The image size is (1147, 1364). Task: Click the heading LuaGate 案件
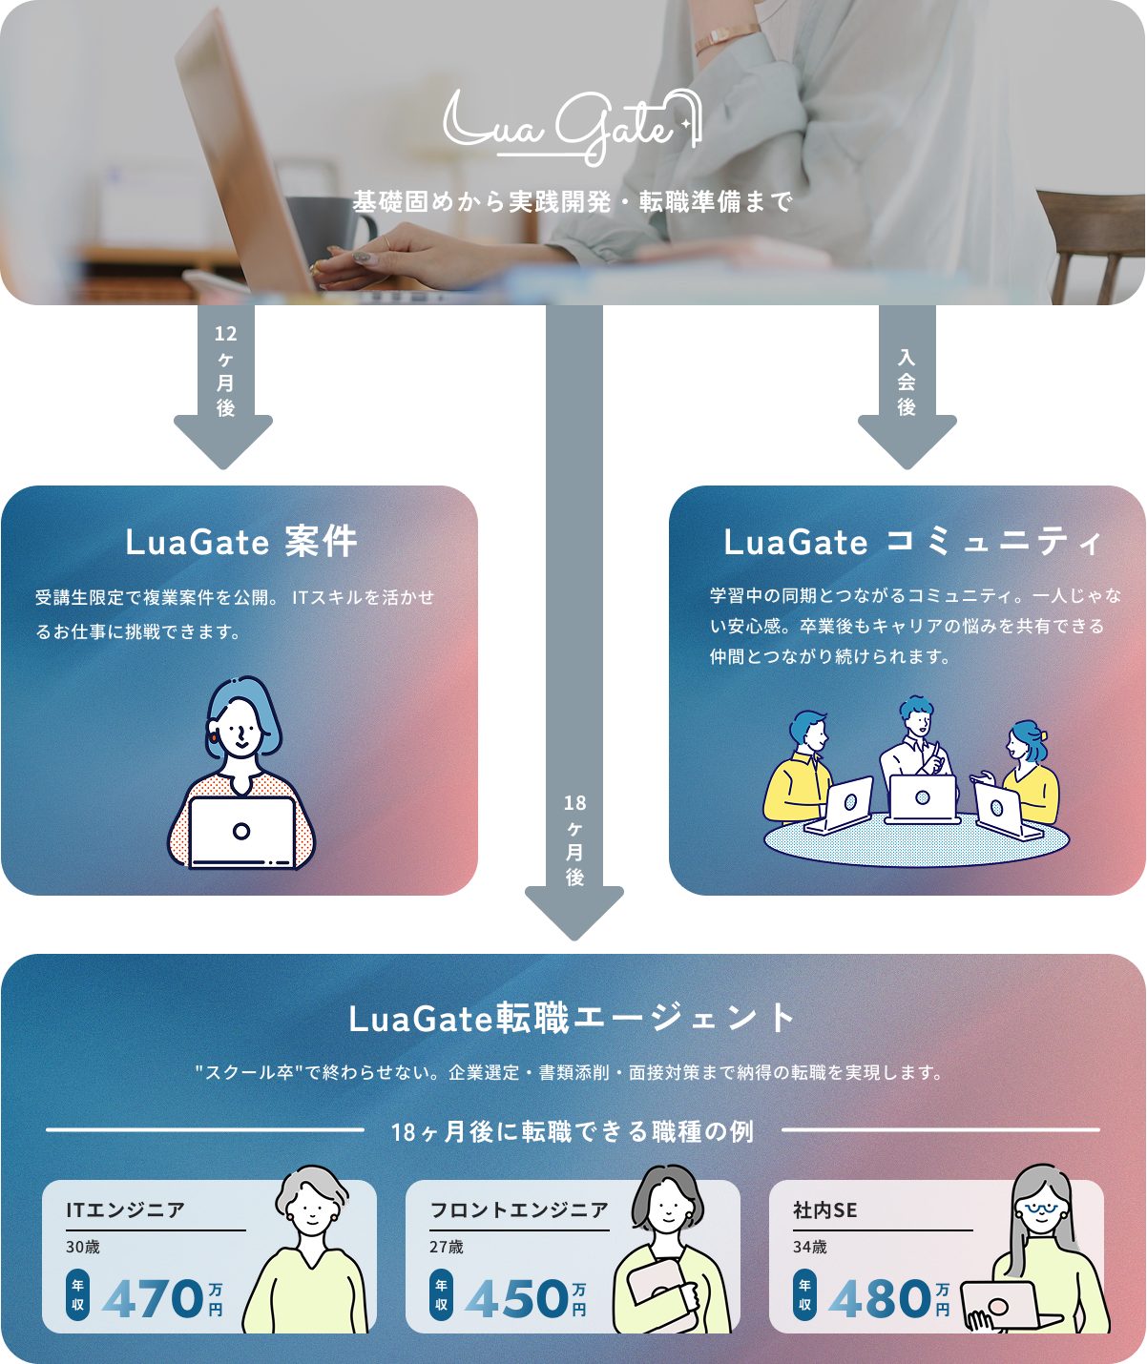tap(240, 542)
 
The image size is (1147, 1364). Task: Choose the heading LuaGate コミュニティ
tap(912, 542)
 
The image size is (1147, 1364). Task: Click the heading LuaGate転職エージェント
tap(573, 1019)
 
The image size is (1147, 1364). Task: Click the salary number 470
tap(153, 1299)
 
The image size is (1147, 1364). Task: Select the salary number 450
tap(516, 1299)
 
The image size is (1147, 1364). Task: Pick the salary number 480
tap(880, 1299)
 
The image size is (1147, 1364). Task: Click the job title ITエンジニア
tap(125, 1210)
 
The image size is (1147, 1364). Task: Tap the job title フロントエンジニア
tap(518, 1210)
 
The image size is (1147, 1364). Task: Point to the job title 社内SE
tap(824, 1210)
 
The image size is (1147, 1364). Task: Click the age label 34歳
tap(809, 1247)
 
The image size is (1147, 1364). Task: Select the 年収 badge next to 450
tap(441, 1295)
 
